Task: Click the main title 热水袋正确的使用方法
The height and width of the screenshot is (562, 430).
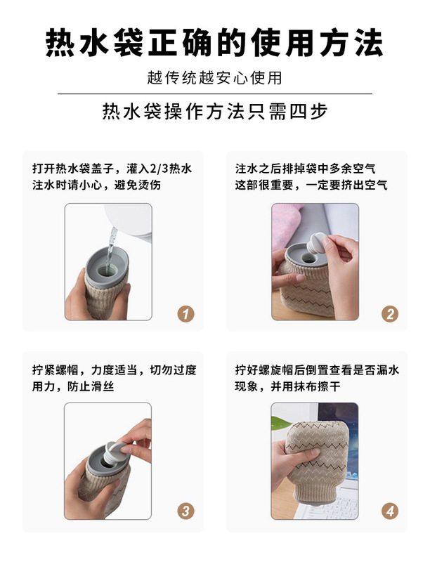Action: (214, 43)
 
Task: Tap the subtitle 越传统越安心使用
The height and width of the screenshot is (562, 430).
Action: (214, 78)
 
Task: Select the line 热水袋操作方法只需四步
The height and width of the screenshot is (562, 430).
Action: (215, 111)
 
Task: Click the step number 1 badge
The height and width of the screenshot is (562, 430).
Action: (185, 314)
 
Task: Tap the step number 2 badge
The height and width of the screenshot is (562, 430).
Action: (390, 314)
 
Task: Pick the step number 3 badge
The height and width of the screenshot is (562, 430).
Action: (185, 511)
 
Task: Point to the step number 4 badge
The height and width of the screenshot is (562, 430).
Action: (390, 511)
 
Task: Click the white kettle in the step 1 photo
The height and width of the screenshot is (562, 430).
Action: (130, 221)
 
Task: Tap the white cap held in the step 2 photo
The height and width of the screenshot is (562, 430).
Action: (317, 242)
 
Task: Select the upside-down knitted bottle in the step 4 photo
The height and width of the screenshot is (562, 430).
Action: (316, 462)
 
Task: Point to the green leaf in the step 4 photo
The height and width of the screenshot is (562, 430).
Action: (281, 422)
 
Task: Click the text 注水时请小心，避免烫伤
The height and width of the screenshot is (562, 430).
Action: (96, 185)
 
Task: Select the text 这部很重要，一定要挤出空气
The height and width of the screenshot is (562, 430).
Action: (311, 185)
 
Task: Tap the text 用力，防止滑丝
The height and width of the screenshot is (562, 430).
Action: (73, 386)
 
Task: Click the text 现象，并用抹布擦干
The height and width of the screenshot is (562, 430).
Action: (287, 386)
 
